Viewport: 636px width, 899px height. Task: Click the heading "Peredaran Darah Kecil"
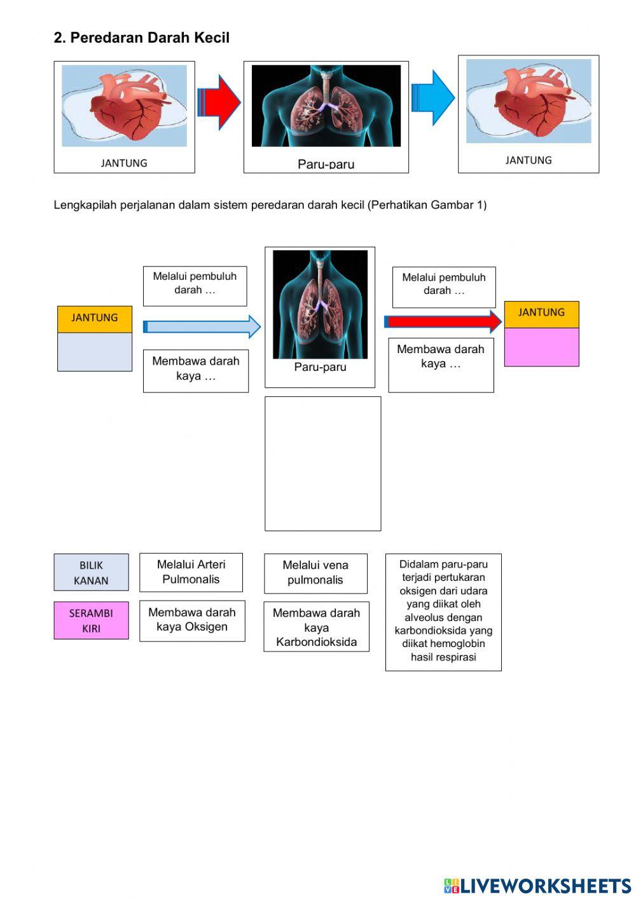point(141,38)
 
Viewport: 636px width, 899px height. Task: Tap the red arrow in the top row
point(219,102)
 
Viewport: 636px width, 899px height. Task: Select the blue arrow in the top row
point(433,97)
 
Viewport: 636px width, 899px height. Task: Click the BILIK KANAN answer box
point(91,573)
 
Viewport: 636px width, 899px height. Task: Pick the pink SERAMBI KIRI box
point(91,620)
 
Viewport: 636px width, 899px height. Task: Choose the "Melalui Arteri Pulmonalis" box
point(191,572)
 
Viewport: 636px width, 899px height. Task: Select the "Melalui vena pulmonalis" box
point(315,573)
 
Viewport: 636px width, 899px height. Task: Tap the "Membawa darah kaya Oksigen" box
point(192,620)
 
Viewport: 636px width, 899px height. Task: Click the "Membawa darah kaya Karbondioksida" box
point(316,627)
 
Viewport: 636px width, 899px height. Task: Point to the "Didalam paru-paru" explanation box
point(443,611)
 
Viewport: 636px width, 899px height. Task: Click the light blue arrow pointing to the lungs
point(202,326)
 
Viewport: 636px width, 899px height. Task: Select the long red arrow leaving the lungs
point(443,321)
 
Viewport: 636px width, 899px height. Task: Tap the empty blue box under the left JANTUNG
point(95,352)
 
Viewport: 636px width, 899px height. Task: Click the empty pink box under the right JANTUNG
point(541,347)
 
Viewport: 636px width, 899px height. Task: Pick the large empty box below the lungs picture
point(322,463)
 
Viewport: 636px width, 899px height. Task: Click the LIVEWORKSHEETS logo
point(537,886)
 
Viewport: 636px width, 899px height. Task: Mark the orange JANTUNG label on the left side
point(95,318)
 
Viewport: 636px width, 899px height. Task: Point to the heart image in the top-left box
point(124,106)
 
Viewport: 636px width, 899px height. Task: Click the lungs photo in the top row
point(326,106)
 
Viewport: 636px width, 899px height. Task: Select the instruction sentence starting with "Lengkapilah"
point(270,205)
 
